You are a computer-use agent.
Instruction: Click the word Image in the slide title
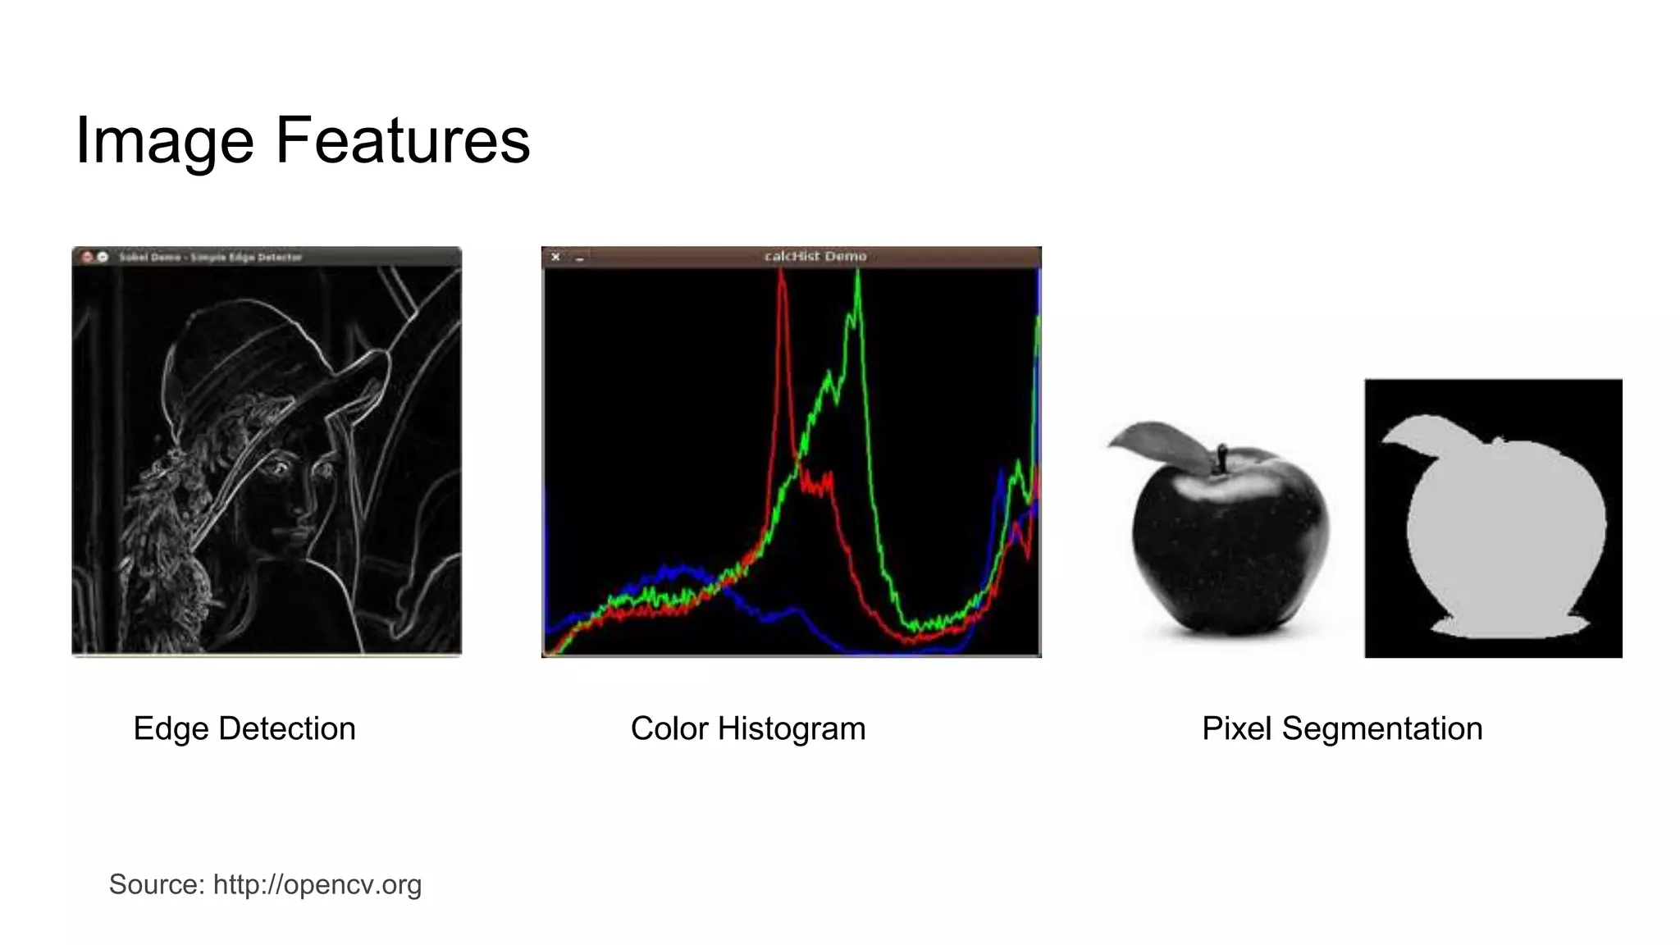point(164,141)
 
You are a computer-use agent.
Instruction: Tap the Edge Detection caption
point(244,728)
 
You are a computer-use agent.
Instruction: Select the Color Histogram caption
point(747,728)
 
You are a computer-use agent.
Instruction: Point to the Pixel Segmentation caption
point(1342,728)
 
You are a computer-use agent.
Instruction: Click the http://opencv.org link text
point(317,884)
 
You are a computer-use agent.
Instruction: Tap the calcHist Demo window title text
point(815,256)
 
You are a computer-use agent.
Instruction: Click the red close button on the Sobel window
point(88,257)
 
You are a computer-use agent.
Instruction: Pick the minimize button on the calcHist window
point(580,258)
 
